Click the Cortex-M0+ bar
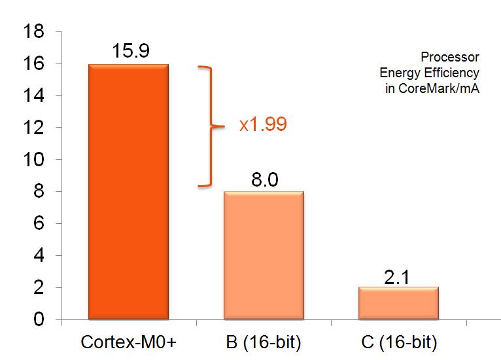[x=128, y=192]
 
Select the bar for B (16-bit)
[x=264, y=255]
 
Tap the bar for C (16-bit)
[x=398, y=303]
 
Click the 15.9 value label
[x=128, y=51]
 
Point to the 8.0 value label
[x=264, y=178]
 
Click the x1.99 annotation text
[x=263, y=124]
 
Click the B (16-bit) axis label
[x=264, y=342]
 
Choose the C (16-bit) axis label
[x=398, y=342]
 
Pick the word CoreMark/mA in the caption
[x=451, y=88]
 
